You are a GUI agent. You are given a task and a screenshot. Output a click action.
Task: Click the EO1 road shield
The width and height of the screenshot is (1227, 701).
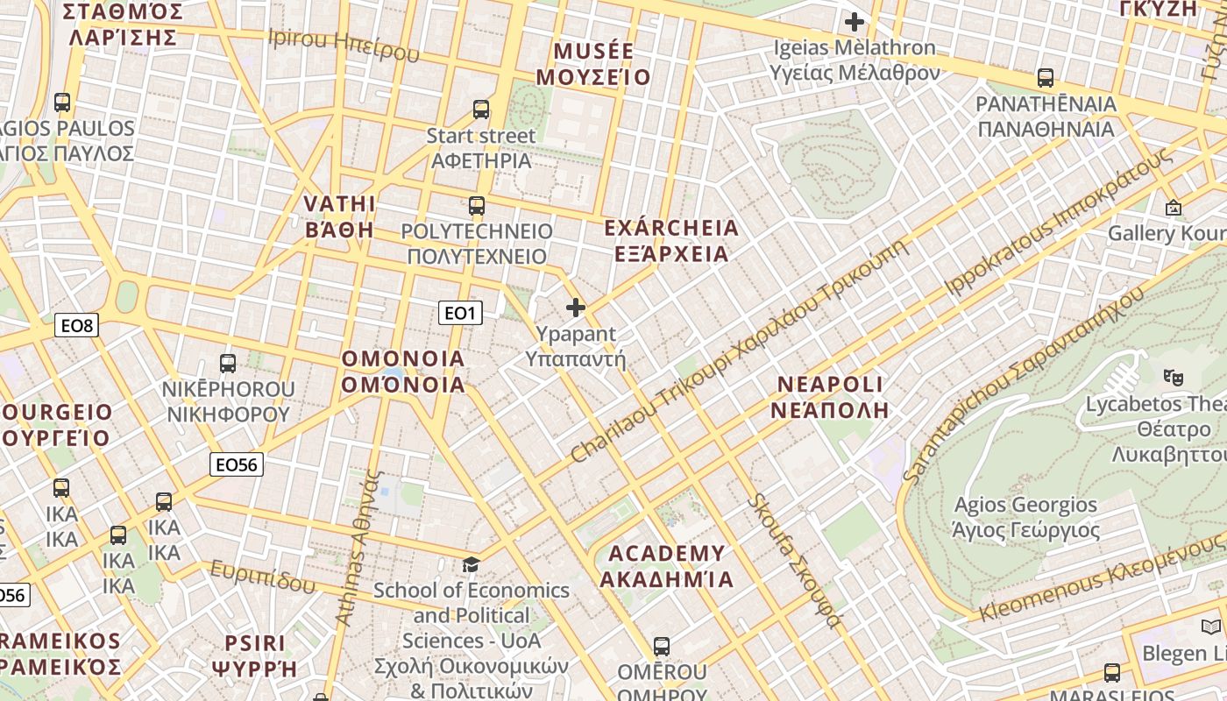[460, 313]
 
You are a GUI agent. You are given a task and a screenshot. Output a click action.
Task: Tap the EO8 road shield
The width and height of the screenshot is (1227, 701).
[77, 326]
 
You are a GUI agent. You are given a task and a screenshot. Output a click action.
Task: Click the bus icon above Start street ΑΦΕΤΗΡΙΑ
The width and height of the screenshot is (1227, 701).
[481, 110]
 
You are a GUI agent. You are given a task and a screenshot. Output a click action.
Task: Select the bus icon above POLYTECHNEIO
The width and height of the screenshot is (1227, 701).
[477, 206]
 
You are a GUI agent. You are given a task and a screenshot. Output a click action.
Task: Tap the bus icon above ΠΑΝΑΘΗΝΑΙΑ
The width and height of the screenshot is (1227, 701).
[1046, 78]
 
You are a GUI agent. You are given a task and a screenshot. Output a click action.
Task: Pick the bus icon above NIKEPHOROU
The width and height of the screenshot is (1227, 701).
[228, 363]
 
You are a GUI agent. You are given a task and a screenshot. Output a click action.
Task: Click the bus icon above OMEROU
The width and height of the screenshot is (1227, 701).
[662, 647]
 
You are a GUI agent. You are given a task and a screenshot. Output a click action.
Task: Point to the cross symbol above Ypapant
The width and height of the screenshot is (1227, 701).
[576, 308]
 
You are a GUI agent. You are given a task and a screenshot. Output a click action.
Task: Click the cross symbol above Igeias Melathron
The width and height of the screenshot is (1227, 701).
[855, 22]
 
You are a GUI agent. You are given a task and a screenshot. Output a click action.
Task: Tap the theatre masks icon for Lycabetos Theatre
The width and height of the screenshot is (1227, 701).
[1173, 378]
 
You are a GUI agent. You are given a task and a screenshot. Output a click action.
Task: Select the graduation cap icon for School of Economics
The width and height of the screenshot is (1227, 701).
[472, 564]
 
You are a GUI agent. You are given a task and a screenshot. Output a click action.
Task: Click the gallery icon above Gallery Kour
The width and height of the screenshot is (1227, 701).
[1174, 208]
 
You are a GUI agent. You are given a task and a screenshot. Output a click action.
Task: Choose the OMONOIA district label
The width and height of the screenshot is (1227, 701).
[403, 372]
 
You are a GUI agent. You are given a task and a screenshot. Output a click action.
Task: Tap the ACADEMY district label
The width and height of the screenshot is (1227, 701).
[667, 566]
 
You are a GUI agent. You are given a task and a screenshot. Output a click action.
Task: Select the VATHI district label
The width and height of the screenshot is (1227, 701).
[339, 216]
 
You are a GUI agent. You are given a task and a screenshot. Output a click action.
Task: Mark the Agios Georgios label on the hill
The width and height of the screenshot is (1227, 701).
[1025, 517]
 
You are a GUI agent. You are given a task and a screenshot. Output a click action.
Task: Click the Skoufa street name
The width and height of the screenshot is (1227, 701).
[795, 561]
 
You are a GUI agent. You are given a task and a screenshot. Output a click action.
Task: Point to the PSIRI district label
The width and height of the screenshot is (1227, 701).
[255, 655]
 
